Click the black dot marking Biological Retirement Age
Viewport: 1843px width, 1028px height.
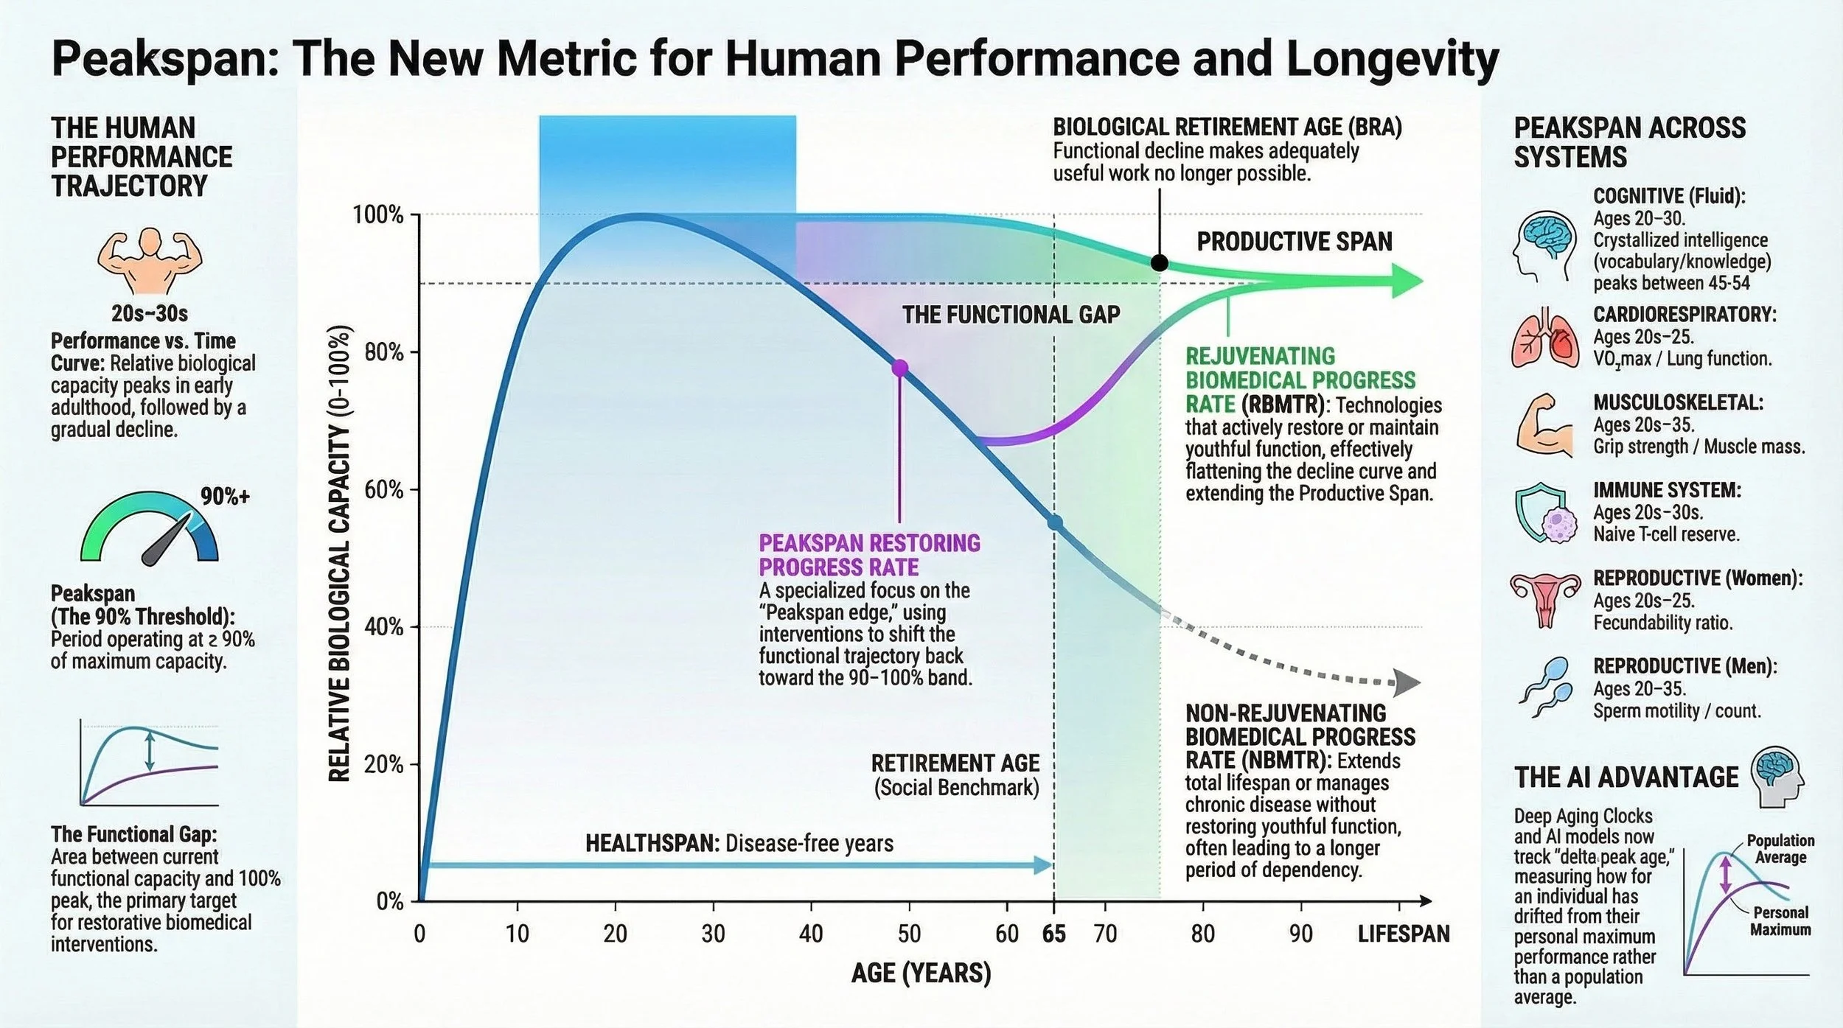1159,262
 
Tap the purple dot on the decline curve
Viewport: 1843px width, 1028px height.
899,368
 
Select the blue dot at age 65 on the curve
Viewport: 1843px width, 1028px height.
1055,522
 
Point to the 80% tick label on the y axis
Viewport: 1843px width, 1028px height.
383,352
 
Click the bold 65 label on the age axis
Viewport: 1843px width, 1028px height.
1053,934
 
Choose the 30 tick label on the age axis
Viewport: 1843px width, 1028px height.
713,934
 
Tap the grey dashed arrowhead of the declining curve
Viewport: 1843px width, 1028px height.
1408,683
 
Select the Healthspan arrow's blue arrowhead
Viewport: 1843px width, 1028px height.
1042,864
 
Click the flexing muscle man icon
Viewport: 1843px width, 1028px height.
150,261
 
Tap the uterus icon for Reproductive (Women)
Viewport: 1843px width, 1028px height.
1545,598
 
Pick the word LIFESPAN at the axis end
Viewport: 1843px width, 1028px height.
1403,934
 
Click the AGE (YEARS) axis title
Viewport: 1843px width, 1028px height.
921,973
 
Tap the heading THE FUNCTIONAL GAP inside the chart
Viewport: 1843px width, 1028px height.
1011,315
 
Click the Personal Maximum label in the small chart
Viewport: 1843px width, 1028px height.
1780,921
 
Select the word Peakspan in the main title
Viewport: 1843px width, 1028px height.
164,59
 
